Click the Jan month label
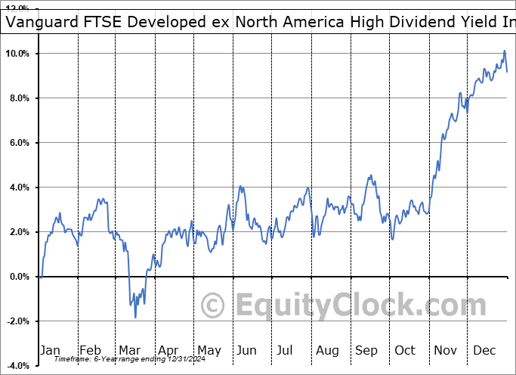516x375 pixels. pyautogui.click(x=50, y=350)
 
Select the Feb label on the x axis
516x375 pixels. pyautogui.click(x=90, y=350)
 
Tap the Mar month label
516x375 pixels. pyautogui.click(x=129, y=350)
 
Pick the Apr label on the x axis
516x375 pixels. pyautogui.click(x=169, y=350)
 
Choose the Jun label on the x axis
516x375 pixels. pyautogui.click(x=246, y=350)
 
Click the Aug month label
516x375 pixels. pyautogui.click(x=327, y=350)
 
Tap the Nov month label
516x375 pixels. pyautogui.click(x=445, y=350)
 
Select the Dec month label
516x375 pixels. pyautogui.click(x=484, y=350)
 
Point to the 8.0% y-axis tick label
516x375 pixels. pyautogui.click(x=18, y=98)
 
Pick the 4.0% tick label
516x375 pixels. pyautogui.click(x=18, y=187)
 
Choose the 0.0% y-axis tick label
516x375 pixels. pyautogui.click(x=18, y=277)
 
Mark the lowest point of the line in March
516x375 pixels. pyautogui.click(x=136, y=317)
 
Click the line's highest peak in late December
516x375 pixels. pyautogui.click(x=505, y=51)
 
